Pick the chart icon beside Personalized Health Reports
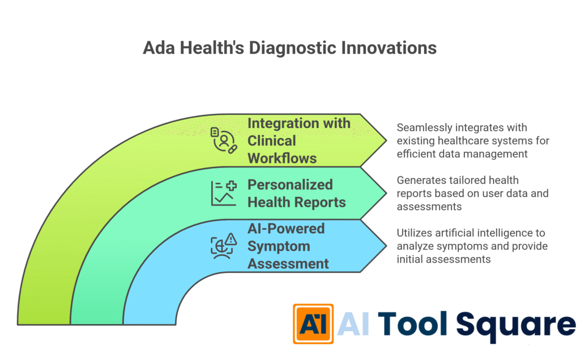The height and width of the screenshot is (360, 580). [x=223, y=193]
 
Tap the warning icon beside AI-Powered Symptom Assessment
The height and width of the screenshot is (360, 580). [x=223, y=246]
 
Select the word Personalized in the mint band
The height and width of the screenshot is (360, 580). [x=289, y=185]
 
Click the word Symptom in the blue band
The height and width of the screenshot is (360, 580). [x=278, y=246]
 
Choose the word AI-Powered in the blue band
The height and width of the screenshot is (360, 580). [x=285, y=229]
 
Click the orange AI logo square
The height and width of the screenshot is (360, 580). [x=313, y=323]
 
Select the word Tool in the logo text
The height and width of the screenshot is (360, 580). [x=413, y=324]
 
